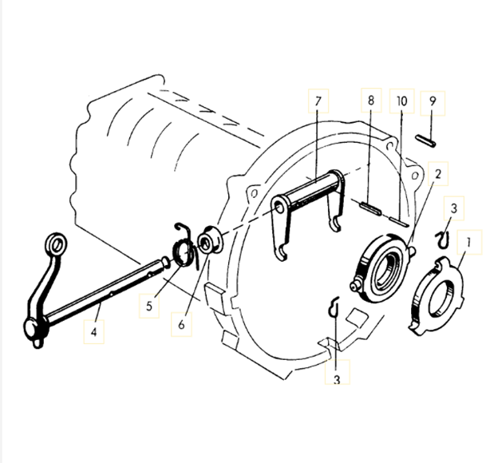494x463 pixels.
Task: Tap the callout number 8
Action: tap(371, 101)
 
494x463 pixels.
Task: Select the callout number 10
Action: tap(401, 101)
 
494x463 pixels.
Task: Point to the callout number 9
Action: tap(431, 101)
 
